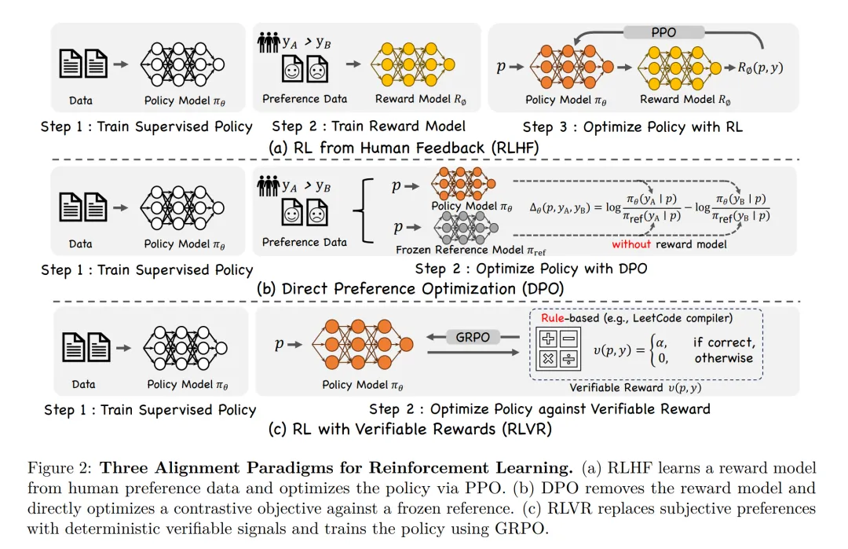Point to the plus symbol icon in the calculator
point(546,339)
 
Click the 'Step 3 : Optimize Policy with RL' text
point(632,126)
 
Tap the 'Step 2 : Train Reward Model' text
point(368,126)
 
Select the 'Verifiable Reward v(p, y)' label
point(636,388)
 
